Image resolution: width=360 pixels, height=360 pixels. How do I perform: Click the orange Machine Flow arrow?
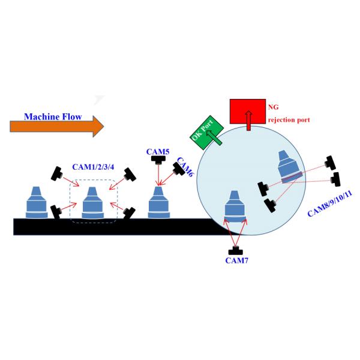click(x=57, y=126)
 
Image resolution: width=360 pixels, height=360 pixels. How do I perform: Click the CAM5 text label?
click(x=158, y=152)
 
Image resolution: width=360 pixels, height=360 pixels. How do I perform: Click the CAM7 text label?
click(x=237, y=260)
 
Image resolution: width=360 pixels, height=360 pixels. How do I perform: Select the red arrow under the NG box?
click(x=248, y=122)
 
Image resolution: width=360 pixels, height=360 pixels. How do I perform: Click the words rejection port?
click(x=289, y=119)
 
